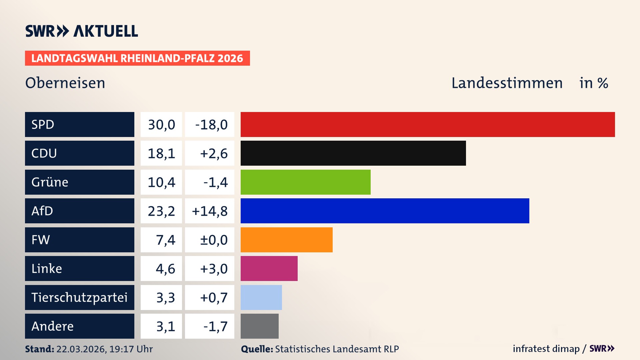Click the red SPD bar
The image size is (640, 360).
tap(428, 124)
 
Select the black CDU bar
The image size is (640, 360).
tap(353, 153)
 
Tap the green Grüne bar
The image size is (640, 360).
tap(305, 182)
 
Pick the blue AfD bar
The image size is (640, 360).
tap(385, 211)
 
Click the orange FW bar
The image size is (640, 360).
tap(286, 240)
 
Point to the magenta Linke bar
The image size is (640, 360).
tap(269, 268)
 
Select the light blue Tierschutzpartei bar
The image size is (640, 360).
tap(261, 297)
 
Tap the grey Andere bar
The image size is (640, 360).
tap(259, 326)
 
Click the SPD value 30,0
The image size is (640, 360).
tap(161, 125)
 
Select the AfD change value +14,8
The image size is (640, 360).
tap(210, 211)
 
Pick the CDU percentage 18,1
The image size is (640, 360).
tap(161, 153)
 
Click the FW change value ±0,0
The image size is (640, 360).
tap(213, 240)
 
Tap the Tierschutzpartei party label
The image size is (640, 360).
tap(79, 297)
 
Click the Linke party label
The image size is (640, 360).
tap(47, 269)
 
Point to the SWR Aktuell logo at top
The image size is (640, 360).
tap(82, 31)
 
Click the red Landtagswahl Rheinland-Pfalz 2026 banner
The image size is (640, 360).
tap(137, 58)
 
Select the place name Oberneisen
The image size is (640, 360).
tap(65, 83)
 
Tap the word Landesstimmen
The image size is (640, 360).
tap(507, 83)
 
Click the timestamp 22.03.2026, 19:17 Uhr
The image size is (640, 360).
tap(104, 349)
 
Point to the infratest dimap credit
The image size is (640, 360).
tap(546, 349)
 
